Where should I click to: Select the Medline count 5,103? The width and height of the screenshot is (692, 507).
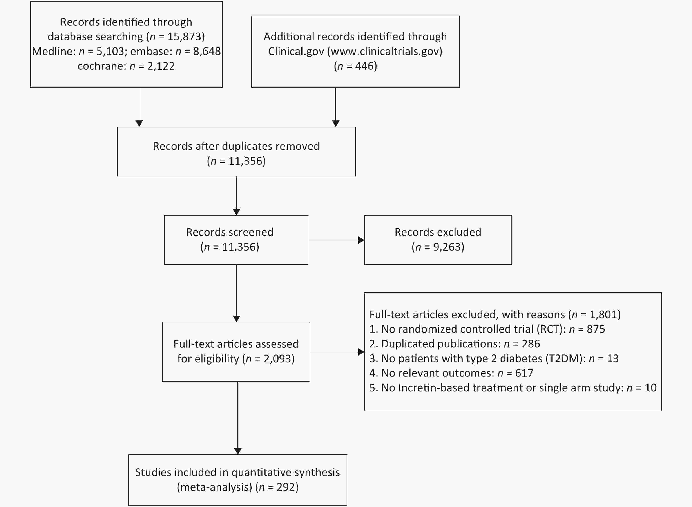tap(110, 51)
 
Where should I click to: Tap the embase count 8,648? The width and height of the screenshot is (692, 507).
tap(207, 51)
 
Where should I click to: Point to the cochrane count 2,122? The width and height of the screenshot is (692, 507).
tap(161, 66)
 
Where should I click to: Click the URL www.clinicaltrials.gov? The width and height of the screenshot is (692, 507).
tap(385, 51)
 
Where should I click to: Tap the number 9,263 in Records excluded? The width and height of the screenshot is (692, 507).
tap(447, 247)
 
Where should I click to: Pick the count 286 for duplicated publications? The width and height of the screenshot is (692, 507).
tap(531, 344)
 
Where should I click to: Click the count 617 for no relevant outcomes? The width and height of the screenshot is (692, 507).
tap(524, 373)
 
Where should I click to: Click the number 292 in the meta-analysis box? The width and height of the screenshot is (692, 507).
tap(286, 487)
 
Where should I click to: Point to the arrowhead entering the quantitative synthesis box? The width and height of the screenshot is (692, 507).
tap(238, 451)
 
